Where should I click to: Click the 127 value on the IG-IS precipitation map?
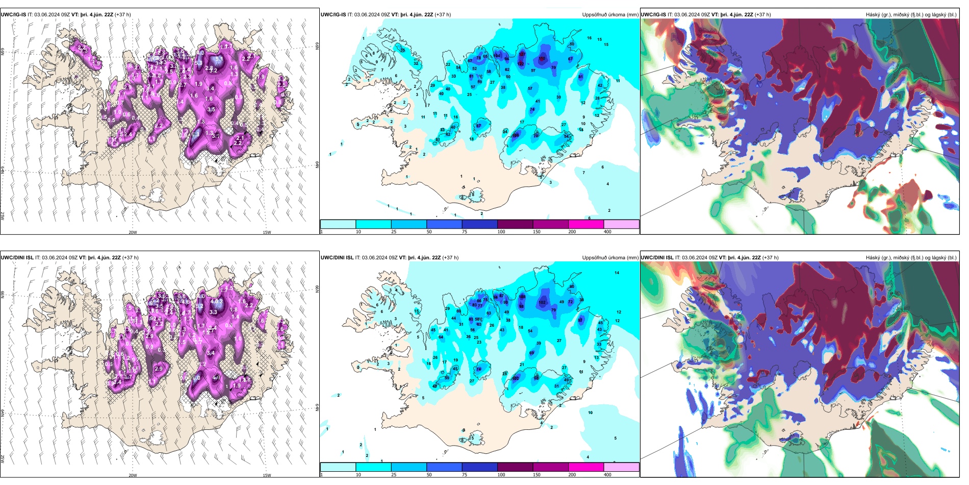(522, 54)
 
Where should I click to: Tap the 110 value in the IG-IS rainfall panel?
(542, 59)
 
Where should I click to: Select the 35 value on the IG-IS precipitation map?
(402, 51)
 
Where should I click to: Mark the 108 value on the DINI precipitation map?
(522, 297)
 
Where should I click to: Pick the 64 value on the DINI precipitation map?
(441, 337)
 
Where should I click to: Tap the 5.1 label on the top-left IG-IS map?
(219, 59)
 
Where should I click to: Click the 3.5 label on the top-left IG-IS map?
(211, 109)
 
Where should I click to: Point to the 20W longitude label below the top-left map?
(133, 232)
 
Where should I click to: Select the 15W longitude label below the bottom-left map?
(267, 475)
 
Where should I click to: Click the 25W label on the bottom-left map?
(3, 459)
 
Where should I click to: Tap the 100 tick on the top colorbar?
(501, 232)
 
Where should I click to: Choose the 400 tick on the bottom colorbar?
(607, 475)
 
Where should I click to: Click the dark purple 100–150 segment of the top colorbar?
(515, 224)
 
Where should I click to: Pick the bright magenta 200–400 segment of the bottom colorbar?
(586, 467)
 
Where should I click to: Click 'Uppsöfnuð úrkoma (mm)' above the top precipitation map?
(610, 15)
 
